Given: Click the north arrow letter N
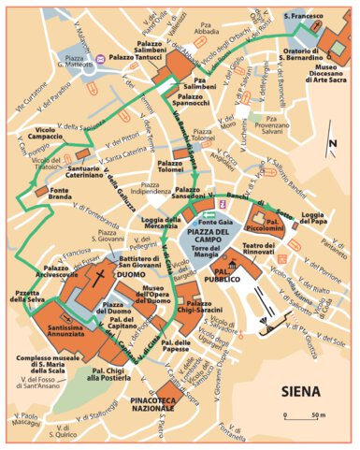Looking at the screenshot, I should pyautogui.click(x=331, y=143).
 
